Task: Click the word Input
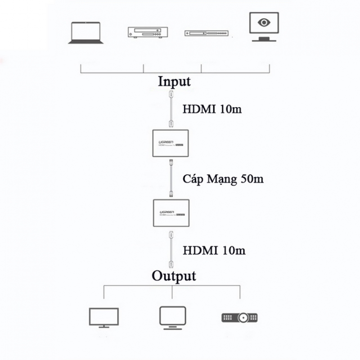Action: click(174, 81)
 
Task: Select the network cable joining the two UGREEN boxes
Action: click(171, 179)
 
